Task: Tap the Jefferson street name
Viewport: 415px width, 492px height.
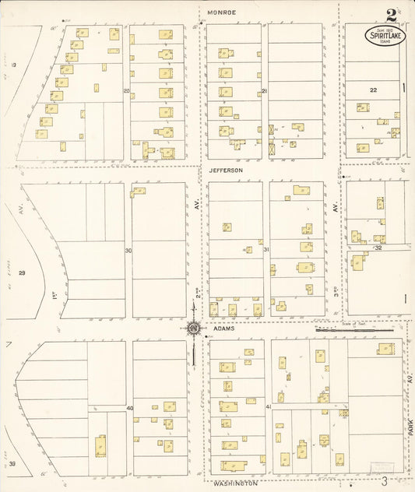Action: pyautogui.click(x=226, y=170)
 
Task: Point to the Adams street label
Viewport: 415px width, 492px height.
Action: pyautogui.click(x=223, y=329)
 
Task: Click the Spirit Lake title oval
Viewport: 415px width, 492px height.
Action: pyautogui.click(x=385, y=36)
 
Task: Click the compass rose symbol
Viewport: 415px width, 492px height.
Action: pyautogui.click(x=192, y=328)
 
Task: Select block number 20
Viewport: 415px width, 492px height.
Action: pyautogui.click(x=126, y=91)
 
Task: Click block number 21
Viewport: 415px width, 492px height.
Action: pyautogui.click(x=265, y=91)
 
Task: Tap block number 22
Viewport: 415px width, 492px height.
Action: pyautogui.click(x=374, y=90)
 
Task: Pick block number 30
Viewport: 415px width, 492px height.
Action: pyautogui.click(x=128, y=250)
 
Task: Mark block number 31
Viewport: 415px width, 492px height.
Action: pyautogui.click(x=266, y=250)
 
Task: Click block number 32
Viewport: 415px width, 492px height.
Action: pyautogui.click(x=378, y=248)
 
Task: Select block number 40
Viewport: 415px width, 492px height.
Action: pyautogui.click(x=130, y=409)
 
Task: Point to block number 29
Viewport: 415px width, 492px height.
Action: pyautogui.click(x=22, y=272)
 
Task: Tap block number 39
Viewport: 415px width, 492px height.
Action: pyautogui.click(x=12, y=463)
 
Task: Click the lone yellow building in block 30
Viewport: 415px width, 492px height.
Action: pyautogui.click(x=139, y=191)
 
